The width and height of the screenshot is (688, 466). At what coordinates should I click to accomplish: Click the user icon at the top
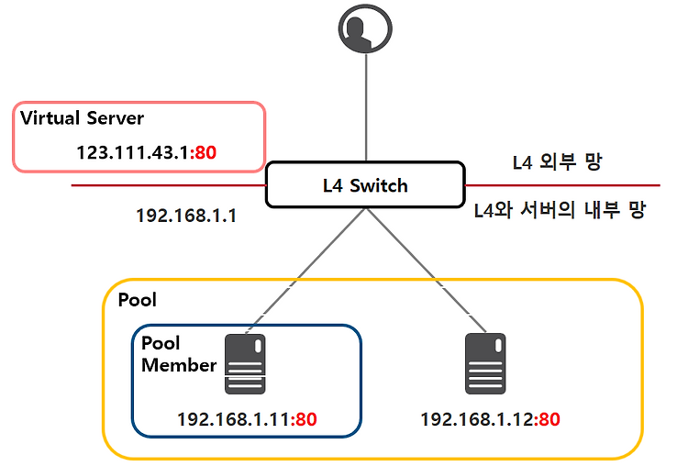coord(365,28)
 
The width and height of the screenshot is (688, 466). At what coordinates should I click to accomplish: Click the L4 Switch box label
coord(365,185)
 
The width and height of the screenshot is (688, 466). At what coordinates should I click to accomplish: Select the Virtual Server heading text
coord(82,118)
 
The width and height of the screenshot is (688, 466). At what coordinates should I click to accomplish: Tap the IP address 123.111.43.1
coord(132,152)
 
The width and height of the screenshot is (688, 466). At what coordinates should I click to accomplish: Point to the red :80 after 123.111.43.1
coord(203,152)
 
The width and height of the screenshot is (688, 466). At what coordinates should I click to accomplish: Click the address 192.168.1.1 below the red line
coord(186,216)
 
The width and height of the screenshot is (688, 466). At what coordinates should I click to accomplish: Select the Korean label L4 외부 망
coord(557,162)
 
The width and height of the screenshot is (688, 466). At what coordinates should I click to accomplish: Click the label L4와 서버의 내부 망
coord(560,210)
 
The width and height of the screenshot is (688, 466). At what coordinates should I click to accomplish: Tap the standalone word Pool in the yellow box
coord(138,300)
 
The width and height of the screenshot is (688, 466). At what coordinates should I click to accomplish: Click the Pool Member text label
coord(179,354)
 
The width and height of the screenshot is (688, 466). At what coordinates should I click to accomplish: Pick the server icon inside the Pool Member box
coord(245,364)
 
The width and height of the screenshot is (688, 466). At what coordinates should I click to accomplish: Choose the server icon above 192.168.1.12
coord(485,364)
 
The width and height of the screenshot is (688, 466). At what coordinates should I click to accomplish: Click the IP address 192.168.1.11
coord(233,419)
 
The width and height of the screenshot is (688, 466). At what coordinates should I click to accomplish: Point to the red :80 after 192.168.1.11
coord(304,419)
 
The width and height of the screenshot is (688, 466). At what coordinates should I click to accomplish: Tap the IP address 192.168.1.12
coord(477,419)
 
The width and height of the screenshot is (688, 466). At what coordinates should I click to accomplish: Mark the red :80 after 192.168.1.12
coord(547,419)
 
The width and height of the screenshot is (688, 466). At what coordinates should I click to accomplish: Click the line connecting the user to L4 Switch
coord(366,107)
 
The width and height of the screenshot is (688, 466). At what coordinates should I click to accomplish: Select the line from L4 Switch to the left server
coord(306,271)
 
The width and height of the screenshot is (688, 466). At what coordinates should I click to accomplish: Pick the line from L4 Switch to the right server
coord(426,271)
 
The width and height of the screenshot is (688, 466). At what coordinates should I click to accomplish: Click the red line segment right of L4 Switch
coord(562,185)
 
